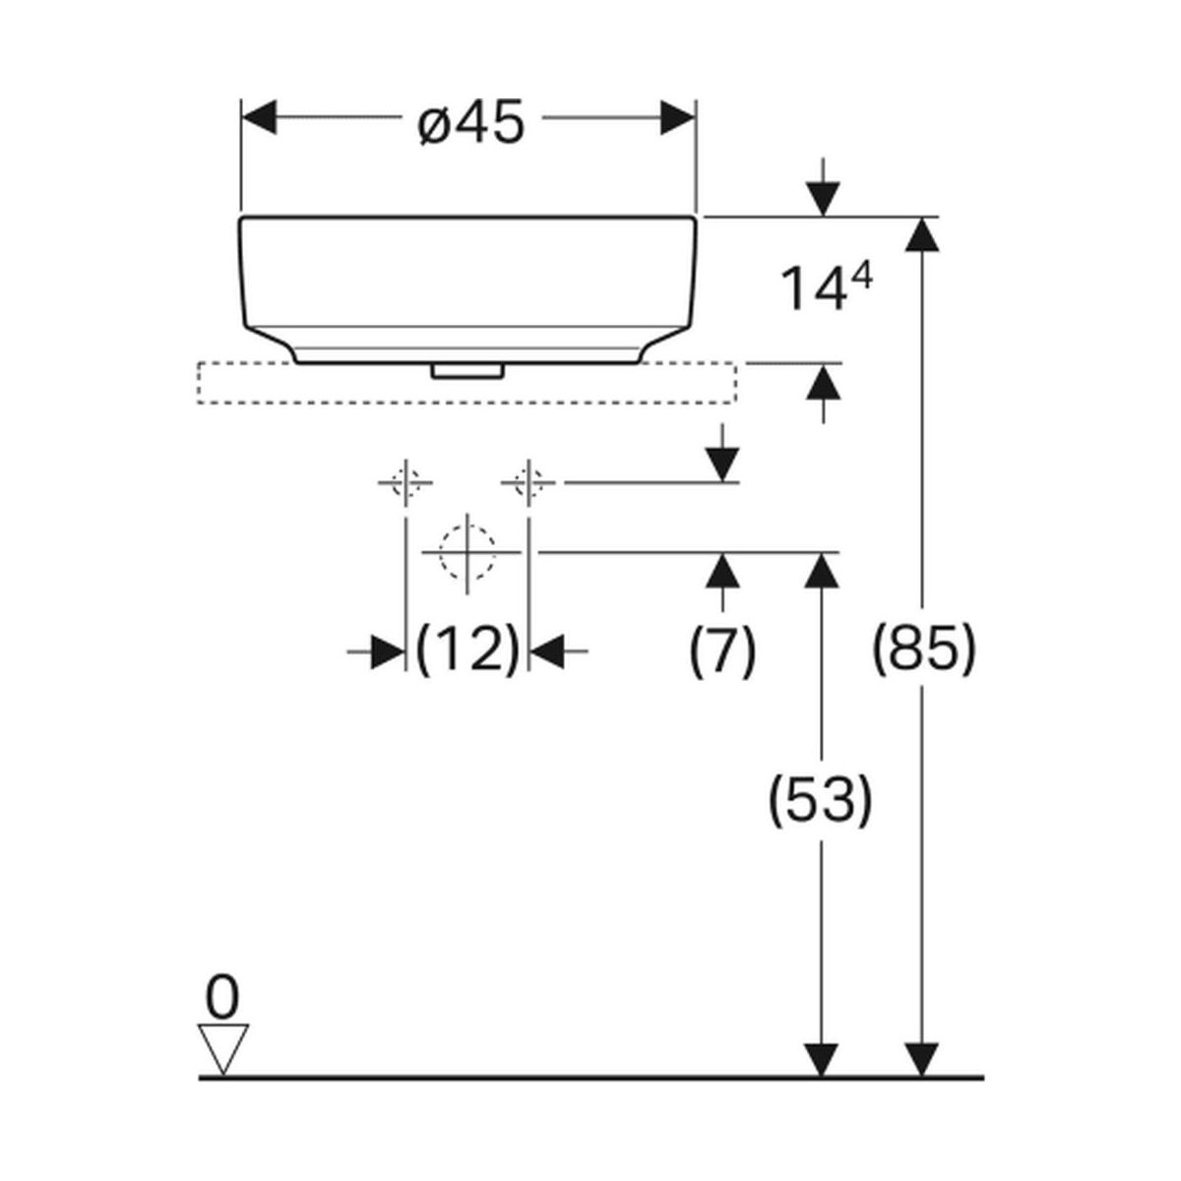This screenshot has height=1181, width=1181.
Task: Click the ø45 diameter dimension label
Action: [x=470, y=124]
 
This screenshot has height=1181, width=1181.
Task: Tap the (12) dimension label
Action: [x=467, y=651]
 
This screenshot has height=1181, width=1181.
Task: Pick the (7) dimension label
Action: [x=723, y=651]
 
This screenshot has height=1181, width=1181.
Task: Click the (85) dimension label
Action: [x=924, y=651]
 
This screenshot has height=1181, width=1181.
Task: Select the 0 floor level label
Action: [x=222, y=999]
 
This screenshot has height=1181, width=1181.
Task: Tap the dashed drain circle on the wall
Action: [x=466, y=552]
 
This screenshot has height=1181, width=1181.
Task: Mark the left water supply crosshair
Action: [x=405, y=482]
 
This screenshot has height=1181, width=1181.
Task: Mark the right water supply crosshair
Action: [x=528, y=482]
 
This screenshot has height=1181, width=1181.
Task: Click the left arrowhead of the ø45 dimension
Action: [x=258, y=117]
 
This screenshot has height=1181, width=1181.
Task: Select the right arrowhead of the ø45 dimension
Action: [x=679, y=117]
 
